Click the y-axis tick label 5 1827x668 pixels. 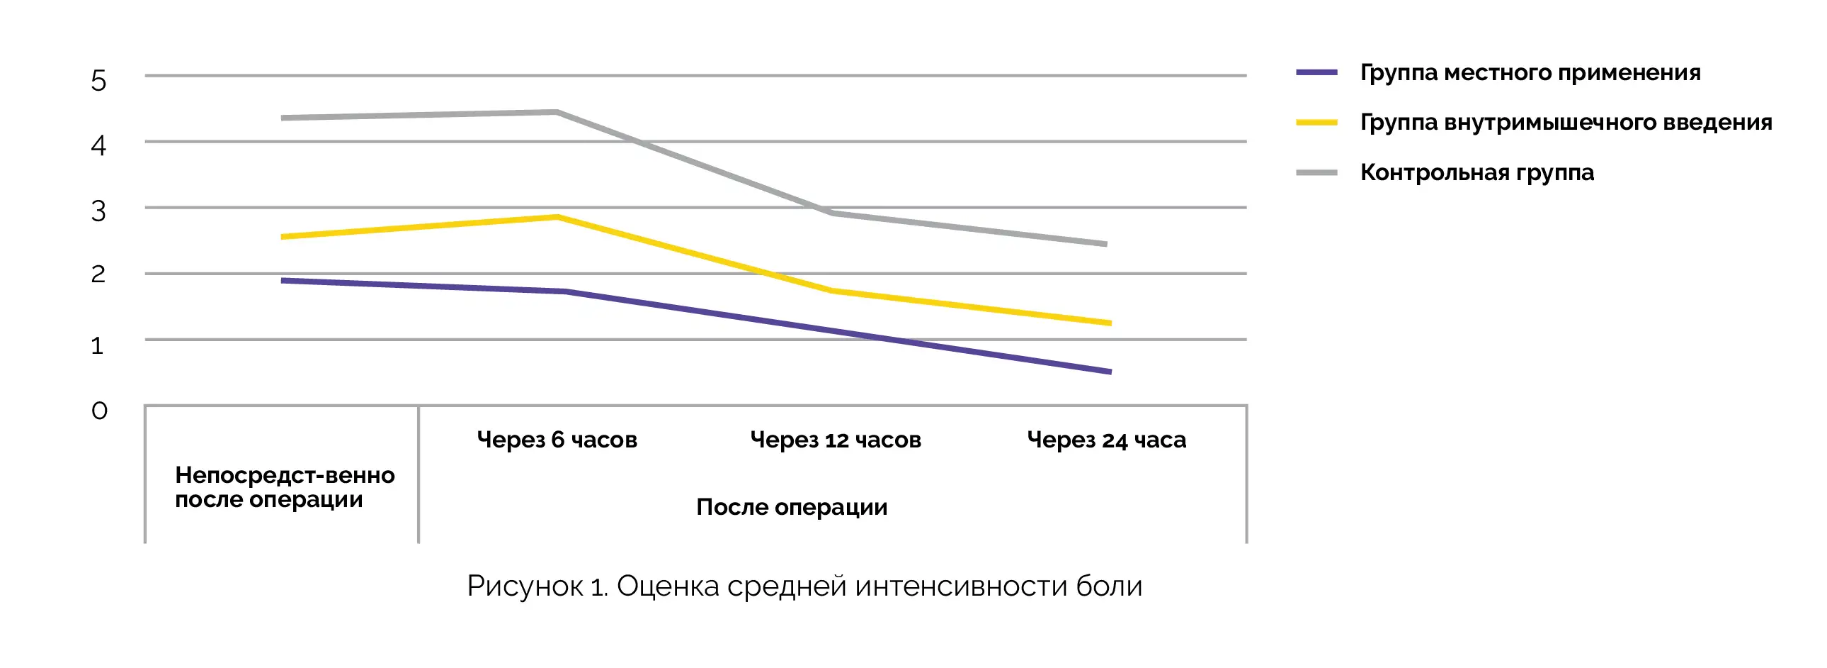98,81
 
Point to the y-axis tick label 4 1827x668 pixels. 98,146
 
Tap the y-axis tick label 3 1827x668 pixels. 98,211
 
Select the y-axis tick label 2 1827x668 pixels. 98,274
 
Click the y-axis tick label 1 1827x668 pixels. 97,346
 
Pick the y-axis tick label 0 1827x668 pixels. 99,411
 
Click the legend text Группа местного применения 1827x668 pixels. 1530,72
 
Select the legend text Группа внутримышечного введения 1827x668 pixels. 1565,122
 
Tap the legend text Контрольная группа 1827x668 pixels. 1476,172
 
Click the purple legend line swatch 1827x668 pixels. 1316,72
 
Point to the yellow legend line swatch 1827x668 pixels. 1316,123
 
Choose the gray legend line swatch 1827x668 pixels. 1316,172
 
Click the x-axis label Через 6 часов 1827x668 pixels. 557,440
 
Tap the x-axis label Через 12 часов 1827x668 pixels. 836,440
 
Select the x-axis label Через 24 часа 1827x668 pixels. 1106,440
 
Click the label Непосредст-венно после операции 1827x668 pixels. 284,487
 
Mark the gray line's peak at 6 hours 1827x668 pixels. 557,112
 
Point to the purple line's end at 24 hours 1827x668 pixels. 1108,372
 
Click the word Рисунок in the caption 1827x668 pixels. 524,586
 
